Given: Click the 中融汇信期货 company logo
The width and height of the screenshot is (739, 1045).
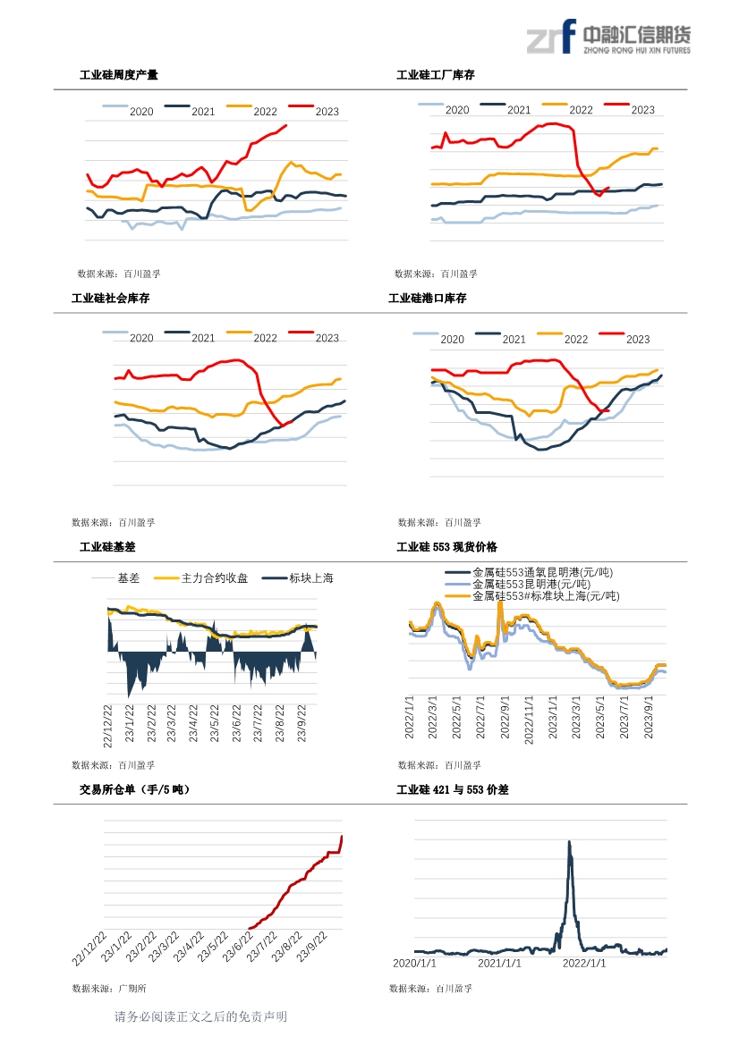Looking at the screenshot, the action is pyautogui.click(x=608, y=37).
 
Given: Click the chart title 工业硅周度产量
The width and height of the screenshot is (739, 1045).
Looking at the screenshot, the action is pyautogui.click(x=119, y=75).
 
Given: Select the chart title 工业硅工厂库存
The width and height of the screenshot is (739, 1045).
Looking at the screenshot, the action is pyautogui.click(x=436, y=75).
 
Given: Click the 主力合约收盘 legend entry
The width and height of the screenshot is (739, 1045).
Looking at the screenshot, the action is pyautogui.click(x=200, y=577).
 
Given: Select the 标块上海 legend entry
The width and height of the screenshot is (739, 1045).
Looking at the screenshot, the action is pyautogui.click(x=297, y=577).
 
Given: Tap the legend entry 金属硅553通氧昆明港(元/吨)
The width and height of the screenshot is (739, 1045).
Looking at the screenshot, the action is pyautogui.click(x=529, y=572).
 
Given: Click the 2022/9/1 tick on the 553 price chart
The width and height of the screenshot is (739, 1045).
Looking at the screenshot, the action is pyautogui.click(x=505, y=717).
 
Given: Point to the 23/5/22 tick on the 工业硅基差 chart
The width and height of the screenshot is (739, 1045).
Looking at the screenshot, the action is pyautogui.click(x=215, y=723).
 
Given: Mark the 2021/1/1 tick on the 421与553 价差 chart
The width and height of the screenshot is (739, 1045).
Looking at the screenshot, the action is pyautogui.click(x=499, y=963).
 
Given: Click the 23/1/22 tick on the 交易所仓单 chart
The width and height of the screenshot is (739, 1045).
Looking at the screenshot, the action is pyautogui.click(x=116, y=947).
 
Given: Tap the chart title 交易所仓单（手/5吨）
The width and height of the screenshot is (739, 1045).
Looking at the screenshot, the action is pyautogui.click(x=135, y=789).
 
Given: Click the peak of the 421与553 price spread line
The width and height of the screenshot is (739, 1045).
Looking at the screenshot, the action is pyautogui.click(x=569, y=842).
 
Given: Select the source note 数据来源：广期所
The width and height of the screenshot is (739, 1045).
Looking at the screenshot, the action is pyautogui.click(x=109, y=988).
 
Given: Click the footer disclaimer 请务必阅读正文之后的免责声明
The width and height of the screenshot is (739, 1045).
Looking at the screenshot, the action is pyautogui.click(x=200, y=1016).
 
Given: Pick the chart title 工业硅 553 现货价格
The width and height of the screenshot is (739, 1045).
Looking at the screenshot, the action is pyautogui.click(x=446, y=546).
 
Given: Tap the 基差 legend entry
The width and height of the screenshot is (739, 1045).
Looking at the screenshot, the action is pyautogui.click(x=115, y=577).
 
